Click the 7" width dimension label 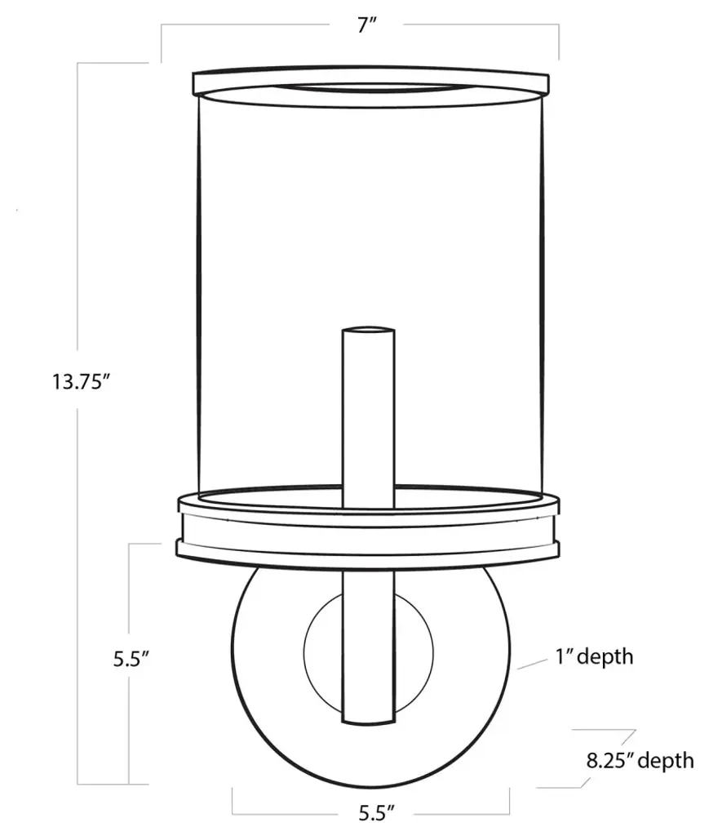pos(367,24)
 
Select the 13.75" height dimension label pos(81,382)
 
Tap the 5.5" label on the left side pos(131,660)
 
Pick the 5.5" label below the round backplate pos(376,814)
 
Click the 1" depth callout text pos(595,656)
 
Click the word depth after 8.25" pos(668,761)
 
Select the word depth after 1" pos(605,656)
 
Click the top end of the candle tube pos(369,330)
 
